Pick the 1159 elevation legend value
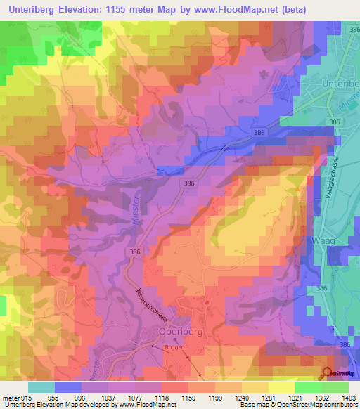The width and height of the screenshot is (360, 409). [x=186, y=398]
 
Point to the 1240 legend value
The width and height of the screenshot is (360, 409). [x=243, y=398]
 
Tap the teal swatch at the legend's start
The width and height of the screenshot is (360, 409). [x=41, y=387]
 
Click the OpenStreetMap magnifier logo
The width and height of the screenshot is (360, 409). [x=328, y=372]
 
